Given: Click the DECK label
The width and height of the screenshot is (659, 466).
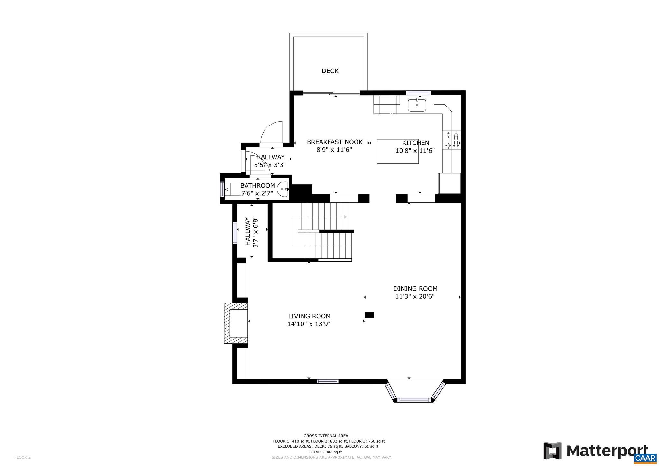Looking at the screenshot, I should pyautogui.click(x=330, y=71).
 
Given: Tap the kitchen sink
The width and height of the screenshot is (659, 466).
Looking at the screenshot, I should pyautogui.click(x=417, y=105).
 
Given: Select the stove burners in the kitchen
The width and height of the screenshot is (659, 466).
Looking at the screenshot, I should pyautogui.click(x=451, y=140).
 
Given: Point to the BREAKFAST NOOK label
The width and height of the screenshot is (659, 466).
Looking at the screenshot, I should pyautogui.click(x=335, y=142).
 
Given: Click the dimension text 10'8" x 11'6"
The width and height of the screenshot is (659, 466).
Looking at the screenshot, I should pyautogui.click(x=415, y=151).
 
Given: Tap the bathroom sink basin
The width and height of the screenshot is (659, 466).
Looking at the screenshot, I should pyautogui.click(x=283, y=189).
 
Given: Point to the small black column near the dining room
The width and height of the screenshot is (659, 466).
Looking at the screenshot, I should pyautogui.click(x=369, y=315).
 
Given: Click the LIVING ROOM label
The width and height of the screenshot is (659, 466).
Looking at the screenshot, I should pyautogui.click(x=309, y=316).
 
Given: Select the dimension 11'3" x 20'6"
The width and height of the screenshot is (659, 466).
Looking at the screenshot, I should pyautogui.click(x=415, y=297).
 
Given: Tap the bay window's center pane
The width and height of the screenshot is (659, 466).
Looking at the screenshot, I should pyautogui.click(x=413, y=400).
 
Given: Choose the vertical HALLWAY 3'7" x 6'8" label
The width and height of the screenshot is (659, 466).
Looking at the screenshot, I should pyautogui.click(x=252, y=232).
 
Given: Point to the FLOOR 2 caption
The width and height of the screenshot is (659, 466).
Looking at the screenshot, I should pyautogui.click(x=23, y=457).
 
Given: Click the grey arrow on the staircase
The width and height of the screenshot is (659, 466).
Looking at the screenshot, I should pyautogui.click(x=345, y=217).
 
